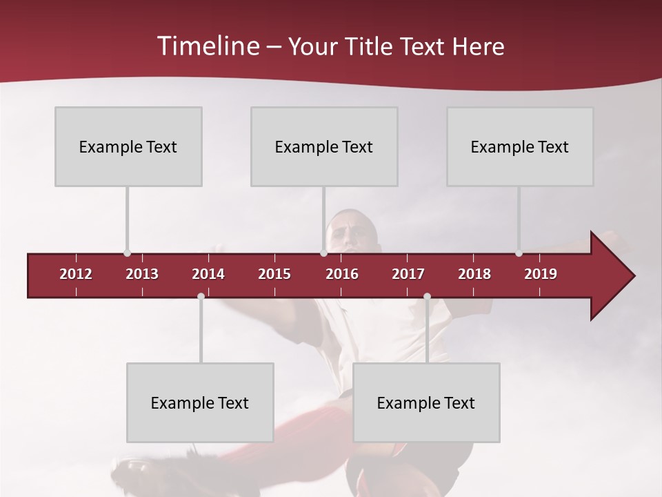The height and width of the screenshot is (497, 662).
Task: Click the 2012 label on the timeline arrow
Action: click(76, 274)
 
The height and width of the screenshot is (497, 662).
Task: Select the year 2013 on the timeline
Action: click(142, 274)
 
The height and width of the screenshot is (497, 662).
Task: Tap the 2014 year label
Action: click(208, 274)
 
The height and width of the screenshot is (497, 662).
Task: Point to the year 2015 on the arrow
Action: click(274, 274)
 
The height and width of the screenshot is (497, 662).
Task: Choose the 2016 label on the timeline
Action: click(342, 274)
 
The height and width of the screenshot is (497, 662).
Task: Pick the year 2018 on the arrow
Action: click(474, 274)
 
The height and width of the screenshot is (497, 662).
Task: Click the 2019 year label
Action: click(541, 274)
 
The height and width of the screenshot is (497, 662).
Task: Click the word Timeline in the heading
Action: click(208, 46)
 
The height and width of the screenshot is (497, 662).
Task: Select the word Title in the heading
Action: click(369, 46)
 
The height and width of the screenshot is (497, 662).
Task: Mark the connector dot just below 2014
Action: click(201, 297)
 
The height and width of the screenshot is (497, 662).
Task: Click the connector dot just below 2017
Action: click(427, 297)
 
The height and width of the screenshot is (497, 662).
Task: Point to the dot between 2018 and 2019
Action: click(519, 253)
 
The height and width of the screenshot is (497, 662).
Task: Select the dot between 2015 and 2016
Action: click(323, 253)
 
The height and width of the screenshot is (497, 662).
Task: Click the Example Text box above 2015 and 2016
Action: click(324, 146)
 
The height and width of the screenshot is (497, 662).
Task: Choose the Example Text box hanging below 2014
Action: click(200, 402)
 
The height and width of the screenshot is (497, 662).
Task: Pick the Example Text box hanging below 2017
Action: click(426, 402)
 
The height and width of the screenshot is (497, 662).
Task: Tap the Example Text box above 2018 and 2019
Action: click(520, 146)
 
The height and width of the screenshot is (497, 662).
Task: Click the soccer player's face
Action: click(353, 233)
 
